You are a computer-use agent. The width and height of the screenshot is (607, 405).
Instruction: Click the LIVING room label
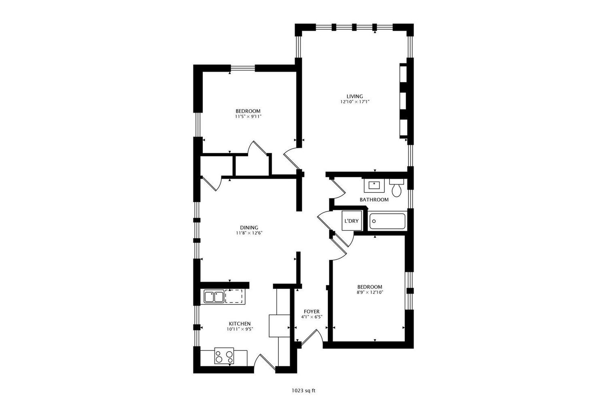tap(354, 96)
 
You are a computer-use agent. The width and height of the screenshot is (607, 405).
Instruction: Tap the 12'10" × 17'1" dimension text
tap(354, 102)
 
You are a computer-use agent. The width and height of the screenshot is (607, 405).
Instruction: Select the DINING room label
tap(249, 228)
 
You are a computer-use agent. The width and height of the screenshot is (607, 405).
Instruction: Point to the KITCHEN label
tap(240, 324)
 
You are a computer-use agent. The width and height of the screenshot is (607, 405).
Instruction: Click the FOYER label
tap(312, 311)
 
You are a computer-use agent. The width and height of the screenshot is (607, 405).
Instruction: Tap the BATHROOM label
tap(374, 200)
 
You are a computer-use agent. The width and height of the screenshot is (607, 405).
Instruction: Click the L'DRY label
tap(351, 221)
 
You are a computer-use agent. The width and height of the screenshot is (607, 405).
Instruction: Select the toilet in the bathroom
tap(397, 189)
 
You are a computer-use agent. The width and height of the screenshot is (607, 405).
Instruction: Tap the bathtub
tap(387, 222)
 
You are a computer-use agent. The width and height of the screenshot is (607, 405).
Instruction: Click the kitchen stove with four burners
tap(224, 357)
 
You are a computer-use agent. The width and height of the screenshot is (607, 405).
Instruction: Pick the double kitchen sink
tap(214, 297)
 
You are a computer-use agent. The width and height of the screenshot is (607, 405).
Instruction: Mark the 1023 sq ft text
tap(303, 391)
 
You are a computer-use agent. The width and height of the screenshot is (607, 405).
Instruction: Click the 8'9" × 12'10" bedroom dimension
tap(369, 292)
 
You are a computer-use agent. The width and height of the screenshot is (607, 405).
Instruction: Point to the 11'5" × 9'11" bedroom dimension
tap(248, 117)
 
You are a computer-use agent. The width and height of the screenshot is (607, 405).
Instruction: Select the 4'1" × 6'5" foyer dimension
tap(312, 317)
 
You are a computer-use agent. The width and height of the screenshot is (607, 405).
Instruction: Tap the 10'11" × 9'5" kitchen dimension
tap(240, 329)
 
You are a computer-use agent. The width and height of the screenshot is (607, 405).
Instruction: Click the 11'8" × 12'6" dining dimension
tap(249, 233)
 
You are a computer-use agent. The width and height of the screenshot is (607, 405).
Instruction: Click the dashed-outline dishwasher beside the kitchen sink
tap(234, 296)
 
